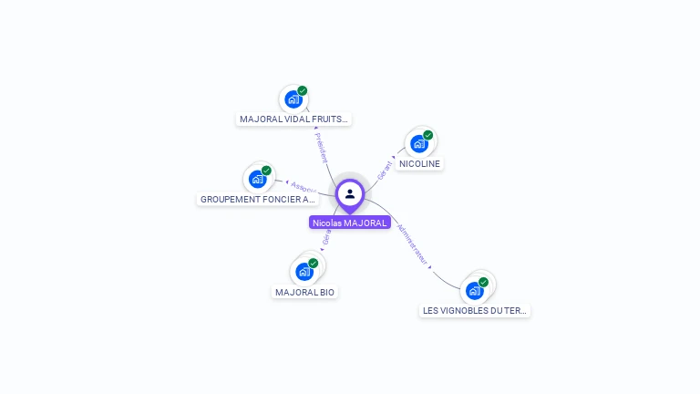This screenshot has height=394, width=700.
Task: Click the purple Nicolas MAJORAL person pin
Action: [x=350, y=194]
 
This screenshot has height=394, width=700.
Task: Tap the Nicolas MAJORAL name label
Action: [x=350, y=223]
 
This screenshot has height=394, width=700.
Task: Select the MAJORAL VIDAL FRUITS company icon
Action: [x=293, y=99]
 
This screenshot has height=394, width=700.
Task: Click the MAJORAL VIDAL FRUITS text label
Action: [x=293, y=119]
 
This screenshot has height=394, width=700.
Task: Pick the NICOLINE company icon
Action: [x=418, y=144]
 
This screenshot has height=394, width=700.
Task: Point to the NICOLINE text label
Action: [x=419, y=164]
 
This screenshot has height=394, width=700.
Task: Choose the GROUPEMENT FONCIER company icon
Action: [x=257, y=179]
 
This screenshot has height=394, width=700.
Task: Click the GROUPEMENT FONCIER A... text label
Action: [x=257, y=199]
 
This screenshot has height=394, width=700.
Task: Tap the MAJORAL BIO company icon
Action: [x=304, y=272]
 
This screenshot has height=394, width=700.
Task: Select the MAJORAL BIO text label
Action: [x=305, y=293]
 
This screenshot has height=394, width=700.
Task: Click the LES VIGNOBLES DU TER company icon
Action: [x=474, y=291]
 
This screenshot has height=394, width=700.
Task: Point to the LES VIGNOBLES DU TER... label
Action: [x=475, y=311]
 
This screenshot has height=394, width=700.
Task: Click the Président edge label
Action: [x=321, y=147]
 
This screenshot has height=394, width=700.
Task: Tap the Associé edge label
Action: [x=303, y=186]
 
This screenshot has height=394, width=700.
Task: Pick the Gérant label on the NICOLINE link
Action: [x=386, y=170]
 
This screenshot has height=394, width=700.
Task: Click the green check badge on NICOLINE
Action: [x=427, y=135]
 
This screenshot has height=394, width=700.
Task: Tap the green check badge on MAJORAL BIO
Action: [x=314, y=263]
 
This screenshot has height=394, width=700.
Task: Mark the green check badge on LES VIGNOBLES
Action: [x=483, y=282]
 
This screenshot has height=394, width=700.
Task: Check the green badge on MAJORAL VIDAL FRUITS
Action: [x=303, y=90]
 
